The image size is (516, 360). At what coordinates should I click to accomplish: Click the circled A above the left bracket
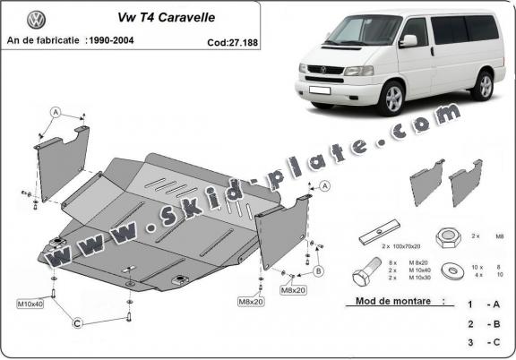coord(56,112)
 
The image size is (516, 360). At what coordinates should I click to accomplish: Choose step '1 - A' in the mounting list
coord(483,305)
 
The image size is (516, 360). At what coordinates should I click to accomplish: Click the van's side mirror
coord(408,40)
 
